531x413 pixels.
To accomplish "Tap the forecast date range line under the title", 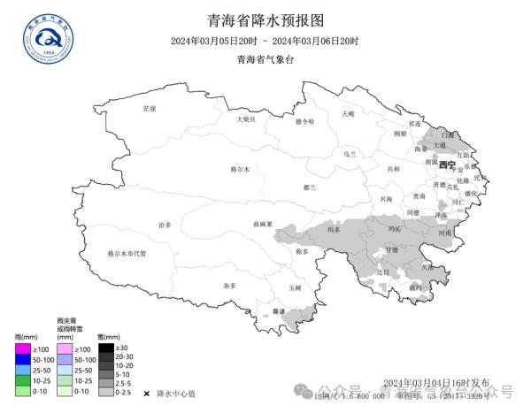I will (265, 42).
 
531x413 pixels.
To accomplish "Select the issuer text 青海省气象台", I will (265, 60).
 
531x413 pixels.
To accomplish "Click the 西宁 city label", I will (447, 165).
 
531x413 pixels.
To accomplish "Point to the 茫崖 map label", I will (149, 108).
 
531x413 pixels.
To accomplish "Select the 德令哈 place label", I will (304, 121).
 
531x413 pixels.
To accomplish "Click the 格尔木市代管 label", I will (127, 253).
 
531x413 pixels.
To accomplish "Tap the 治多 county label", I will (165, 226).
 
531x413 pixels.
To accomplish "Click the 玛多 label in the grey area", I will (334, 230).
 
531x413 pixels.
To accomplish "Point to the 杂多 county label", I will (230, 286).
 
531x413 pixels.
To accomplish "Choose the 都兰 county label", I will (309, 187).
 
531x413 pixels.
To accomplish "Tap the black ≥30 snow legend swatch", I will (105, 348).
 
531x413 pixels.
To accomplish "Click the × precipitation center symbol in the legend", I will (145, 393).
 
